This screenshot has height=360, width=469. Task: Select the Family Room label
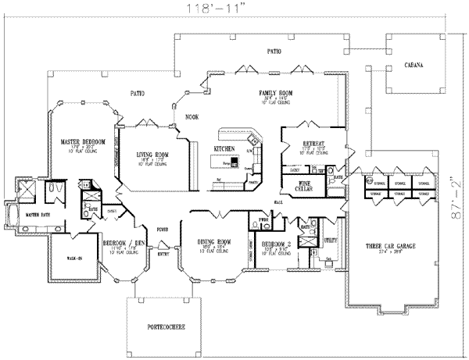[x=275, y=92]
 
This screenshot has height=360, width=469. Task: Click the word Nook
[x=191, y=116]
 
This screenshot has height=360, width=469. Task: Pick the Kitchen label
[x=225, y=148]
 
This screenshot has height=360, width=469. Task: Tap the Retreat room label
[x=314, y=144]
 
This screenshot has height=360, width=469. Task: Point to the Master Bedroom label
[x=83, y=141]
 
